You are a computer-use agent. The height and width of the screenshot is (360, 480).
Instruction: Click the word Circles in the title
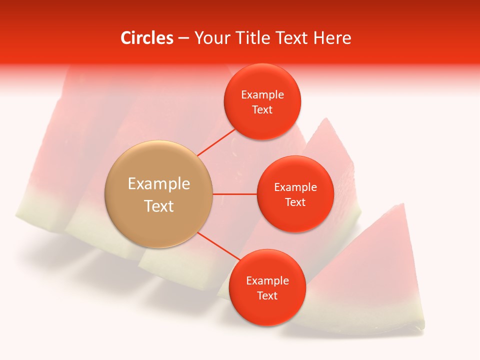[146, 38]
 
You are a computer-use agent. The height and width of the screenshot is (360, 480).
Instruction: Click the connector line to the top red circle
[217, 142]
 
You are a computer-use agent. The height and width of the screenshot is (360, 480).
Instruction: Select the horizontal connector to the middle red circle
[235, 194]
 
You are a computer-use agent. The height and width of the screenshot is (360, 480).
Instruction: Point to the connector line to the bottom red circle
[219, 246]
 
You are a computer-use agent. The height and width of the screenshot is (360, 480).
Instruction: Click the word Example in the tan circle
[159, 184]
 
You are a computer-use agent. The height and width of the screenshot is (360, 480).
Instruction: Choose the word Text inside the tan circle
[159, 206]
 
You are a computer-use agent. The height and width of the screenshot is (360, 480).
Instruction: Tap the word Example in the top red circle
[262, 95]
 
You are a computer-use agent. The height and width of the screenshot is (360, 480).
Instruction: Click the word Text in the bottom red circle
[267, 295]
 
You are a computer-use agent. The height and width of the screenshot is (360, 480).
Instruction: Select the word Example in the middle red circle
[295, 187]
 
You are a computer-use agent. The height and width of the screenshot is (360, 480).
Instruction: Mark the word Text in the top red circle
[262, 110]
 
